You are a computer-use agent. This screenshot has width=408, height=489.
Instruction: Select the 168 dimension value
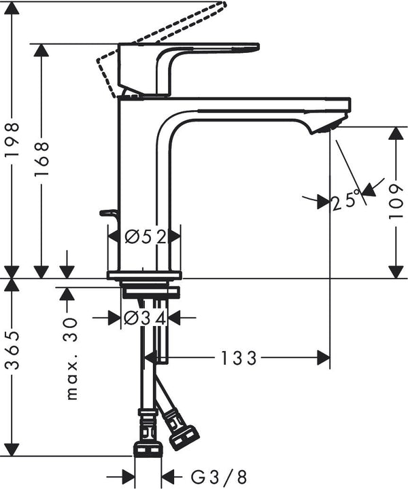point(42,158)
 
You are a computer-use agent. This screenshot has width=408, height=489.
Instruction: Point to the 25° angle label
point(345,200)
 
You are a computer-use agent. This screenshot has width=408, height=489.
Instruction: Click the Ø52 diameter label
point(146,236)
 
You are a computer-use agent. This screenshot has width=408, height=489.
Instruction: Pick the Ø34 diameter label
point(146,317)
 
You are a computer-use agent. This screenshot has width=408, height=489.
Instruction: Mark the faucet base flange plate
point(144,274)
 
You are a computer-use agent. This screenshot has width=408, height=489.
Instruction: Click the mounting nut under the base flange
point(149,292)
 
